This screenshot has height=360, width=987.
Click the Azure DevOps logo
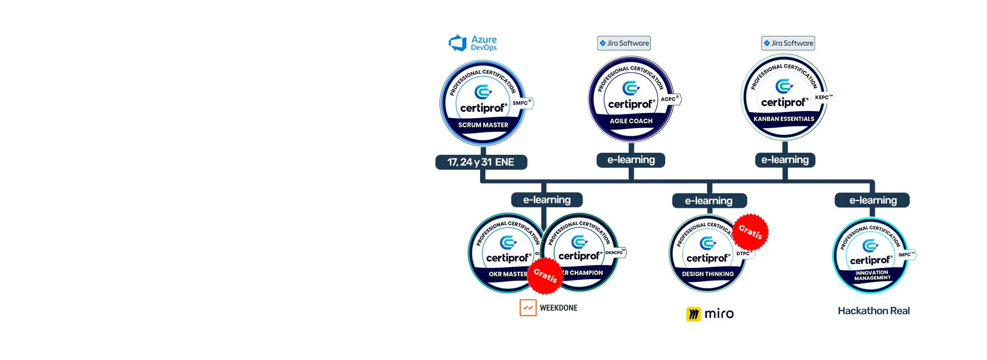(x=473, y=43)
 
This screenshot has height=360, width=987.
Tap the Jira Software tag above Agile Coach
(x=624, y=43)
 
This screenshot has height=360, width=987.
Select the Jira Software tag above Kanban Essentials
(x=788, y=43)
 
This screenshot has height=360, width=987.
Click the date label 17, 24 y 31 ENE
(x=481, y=163)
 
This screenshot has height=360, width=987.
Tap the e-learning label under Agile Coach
(x=631, y=160)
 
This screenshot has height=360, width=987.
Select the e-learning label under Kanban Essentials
(x=785, y=160)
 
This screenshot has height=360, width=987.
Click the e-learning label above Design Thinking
(x=709, y=201)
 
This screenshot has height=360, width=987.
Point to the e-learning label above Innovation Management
(x=872, y=200)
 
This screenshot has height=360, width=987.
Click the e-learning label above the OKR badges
(x=546, y=200)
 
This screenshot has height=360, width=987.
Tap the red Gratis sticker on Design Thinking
(x=751, y=231)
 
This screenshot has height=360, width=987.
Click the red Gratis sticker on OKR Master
(x=545, y=276)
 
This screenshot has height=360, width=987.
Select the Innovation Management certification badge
(x=871, y=256)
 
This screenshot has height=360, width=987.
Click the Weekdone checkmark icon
(x=528, y=308)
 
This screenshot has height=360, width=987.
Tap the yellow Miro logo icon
(x=693, y=314)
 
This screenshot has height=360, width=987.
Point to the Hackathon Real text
(x=873, y=311)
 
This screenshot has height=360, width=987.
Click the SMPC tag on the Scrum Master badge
(x=522, y=103)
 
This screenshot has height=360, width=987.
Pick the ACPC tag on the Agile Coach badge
(x=669, y=99)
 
